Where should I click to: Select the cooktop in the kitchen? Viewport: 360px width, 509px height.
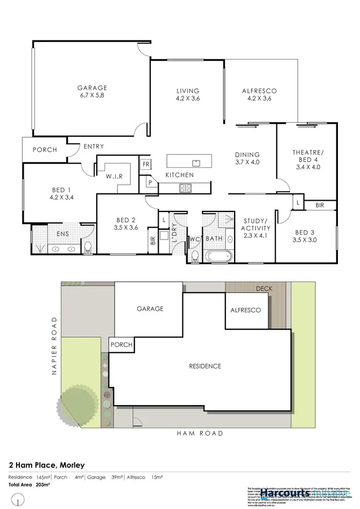[x=186, y=188]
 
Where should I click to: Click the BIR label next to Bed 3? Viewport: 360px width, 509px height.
[x=320, y=206]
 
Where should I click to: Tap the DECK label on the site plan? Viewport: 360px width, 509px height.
[x=264, y=289]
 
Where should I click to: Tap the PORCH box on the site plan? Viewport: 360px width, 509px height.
[x=121, y=344]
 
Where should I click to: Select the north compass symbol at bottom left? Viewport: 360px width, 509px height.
[x=20, y=501]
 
